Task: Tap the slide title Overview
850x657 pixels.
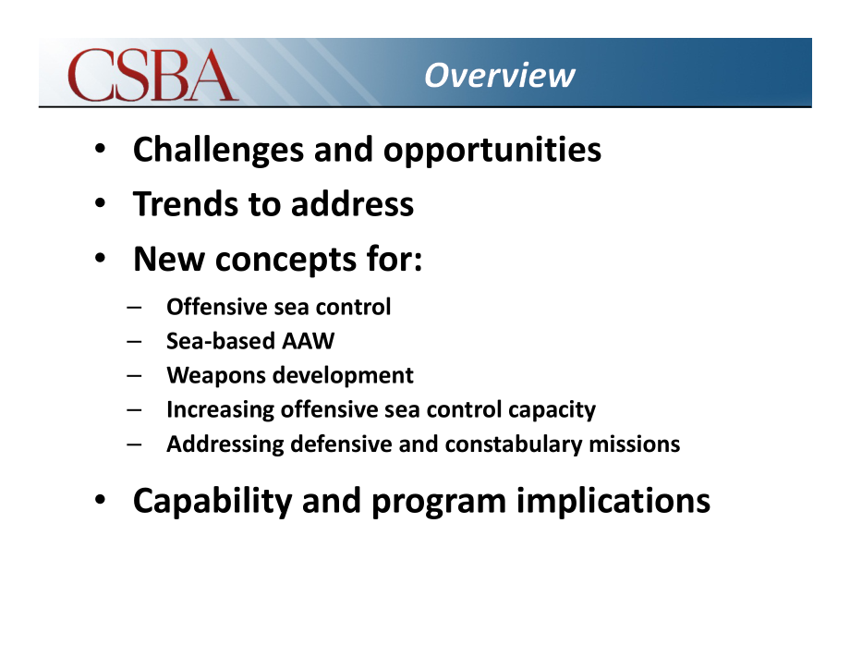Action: (499, 75)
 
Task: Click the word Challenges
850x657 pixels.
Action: (218, 150)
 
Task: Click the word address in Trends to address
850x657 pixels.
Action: (352, 204)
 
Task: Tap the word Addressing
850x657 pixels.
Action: (225, 444)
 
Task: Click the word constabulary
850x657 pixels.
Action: (514, 444)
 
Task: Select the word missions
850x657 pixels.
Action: (634, 444)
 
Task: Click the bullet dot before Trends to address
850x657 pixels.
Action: (100, 203)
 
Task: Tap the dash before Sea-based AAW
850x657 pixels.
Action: (134, 342)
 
